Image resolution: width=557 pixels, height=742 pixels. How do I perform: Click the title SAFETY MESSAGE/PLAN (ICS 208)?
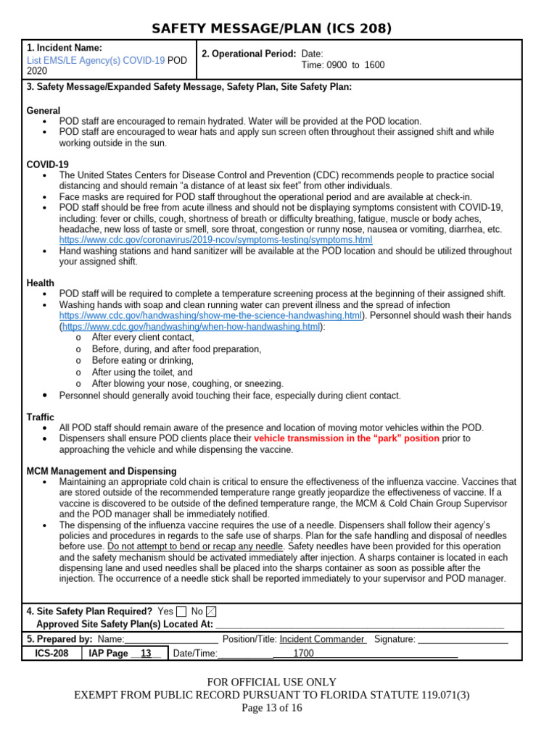point(271,28)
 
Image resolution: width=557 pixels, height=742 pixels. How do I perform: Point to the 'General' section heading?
point(44,111)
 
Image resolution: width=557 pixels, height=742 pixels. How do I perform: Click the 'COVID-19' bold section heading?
point(48,164)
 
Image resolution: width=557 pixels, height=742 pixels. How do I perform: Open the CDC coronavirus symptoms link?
point(215,240)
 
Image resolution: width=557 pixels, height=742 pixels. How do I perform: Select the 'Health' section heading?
point(41,283)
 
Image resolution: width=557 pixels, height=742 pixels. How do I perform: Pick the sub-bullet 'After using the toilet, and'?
point(142,372)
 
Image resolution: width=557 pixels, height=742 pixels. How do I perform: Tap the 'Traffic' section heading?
point(41,417)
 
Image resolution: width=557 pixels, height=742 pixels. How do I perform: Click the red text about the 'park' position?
point(347,438)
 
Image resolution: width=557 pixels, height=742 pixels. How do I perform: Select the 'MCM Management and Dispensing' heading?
point(102,471)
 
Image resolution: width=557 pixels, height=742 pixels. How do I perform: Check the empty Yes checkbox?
point(181,612)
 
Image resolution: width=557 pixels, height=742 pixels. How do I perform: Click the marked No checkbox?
point(211,612)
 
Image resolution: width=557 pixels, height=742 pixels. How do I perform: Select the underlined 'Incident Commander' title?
point(322,639)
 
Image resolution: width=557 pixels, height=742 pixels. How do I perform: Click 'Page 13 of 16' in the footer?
point(271,708)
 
